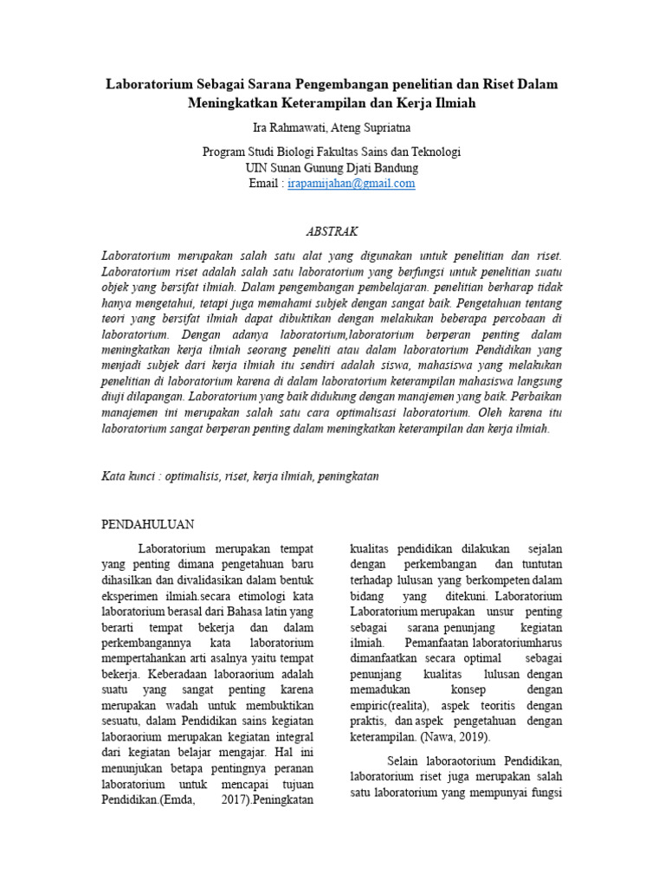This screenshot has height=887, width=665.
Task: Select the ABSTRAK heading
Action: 332,232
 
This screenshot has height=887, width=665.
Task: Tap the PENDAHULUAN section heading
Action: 148,525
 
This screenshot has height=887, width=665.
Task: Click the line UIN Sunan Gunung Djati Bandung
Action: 332,167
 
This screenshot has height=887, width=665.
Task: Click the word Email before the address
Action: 264,184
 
